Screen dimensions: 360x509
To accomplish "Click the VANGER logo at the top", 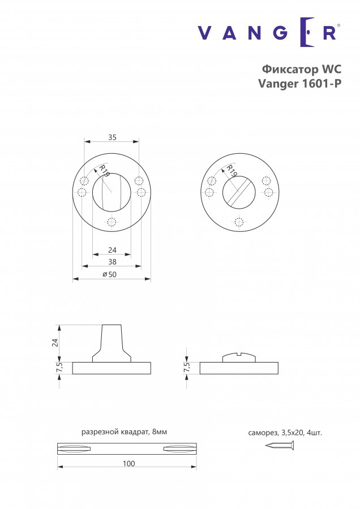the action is pyautogui.click(x=269, y=32).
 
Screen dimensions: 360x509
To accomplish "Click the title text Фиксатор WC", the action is pyautogui.click(x=302, y=69).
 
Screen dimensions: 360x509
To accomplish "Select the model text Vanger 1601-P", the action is pyautogui.click(x=299, y=84).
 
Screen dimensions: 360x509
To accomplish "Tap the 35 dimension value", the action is pyautogui.click(x=112, y=137).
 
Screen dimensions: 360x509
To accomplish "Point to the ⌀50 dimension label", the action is pyautogui.click(x=109, y=274).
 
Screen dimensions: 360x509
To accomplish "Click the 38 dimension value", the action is pyautogui.click(x=112, y=262).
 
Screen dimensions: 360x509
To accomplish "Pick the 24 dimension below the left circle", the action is pyautogui.click(x=112, y=250).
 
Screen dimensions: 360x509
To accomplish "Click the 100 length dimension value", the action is pyautogui.click(x=128, y=464).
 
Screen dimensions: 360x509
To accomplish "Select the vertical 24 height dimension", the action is pyautogui.click(x=55, y=343).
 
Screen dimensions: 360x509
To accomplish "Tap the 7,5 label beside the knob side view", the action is pyautogui.click(x=59, y=368).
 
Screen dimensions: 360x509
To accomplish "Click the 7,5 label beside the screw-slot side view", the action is pyautogui.click(x=187, y=368).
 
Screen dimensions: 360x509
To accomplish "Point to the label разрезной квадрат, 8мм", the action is pyautogui.click(x=124, y=432).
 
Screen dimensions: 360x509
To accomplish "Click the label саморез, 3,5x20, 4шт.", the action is pyautogui.click(x=285, y=433).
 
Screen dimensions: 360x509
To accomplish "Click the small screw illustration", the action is pyautogui.click(x=280, y=445).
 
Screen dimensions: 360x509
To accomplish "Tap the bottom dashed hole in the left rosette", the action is pyautogui.click(x=112, y=223).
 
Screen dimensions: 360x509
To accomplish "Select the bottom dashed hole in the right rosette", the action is pyautogui.click(x=239, y=223).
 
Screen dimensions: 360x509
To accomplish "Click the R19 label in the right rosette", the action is pyautogui.click(x=232, y=170).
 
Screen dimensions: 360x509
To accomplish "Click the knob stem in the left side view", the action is pyautogui.click(x=112, y=343).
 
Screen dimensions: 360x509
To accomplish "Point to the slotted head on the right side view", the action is pyautogui.click(x=239, y=357).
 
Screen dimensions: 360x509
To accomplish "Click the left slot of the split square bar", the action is pyautogui.click(x=74, y=448).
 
